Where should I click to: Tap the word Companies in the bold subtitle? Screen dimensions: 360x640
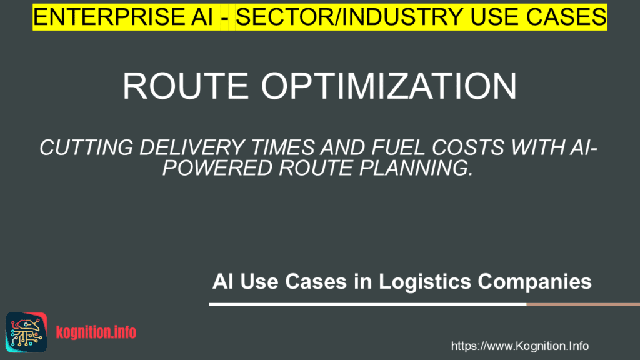pos(535,282)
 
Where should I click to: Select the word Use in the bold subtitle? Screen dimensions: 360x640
pos(261,282)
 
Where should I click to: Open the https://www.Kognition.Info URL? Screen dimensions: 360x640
pos(519,346)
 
